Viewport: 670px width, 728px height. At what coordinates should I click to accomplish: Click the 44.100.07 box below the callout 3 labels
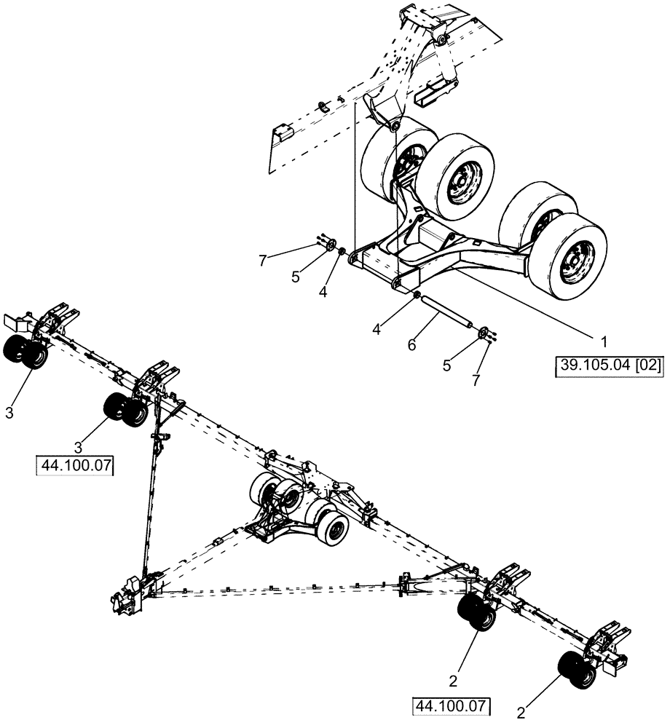(76, 465)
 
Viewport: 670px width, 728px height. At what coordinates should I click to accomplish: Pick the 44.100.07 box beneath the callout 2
(451, 705)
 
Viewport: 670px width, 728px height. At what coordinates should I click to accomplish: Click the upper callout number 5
(296, 277)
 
